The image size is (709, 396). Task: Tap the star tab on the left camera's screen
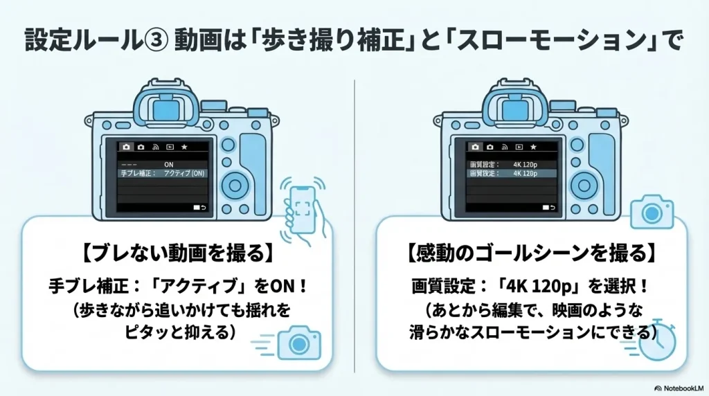pos(184,147)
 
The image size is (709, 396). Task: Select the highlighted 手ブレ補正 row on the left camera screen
pos(164,172)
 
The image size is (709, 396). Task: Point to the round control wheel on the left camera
pos(235,185)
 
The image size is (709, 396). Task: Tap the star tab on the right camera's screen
pos(532,147)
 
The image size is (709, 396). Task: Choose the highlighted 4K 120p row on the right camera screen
pos(512,173)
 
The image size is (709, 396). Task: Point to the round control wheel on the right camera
pos(583,185)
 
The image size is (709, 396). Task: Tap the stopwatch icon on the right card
pos(657,342)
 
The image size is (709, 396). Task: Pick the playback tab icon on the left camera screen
pos(170,147)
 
